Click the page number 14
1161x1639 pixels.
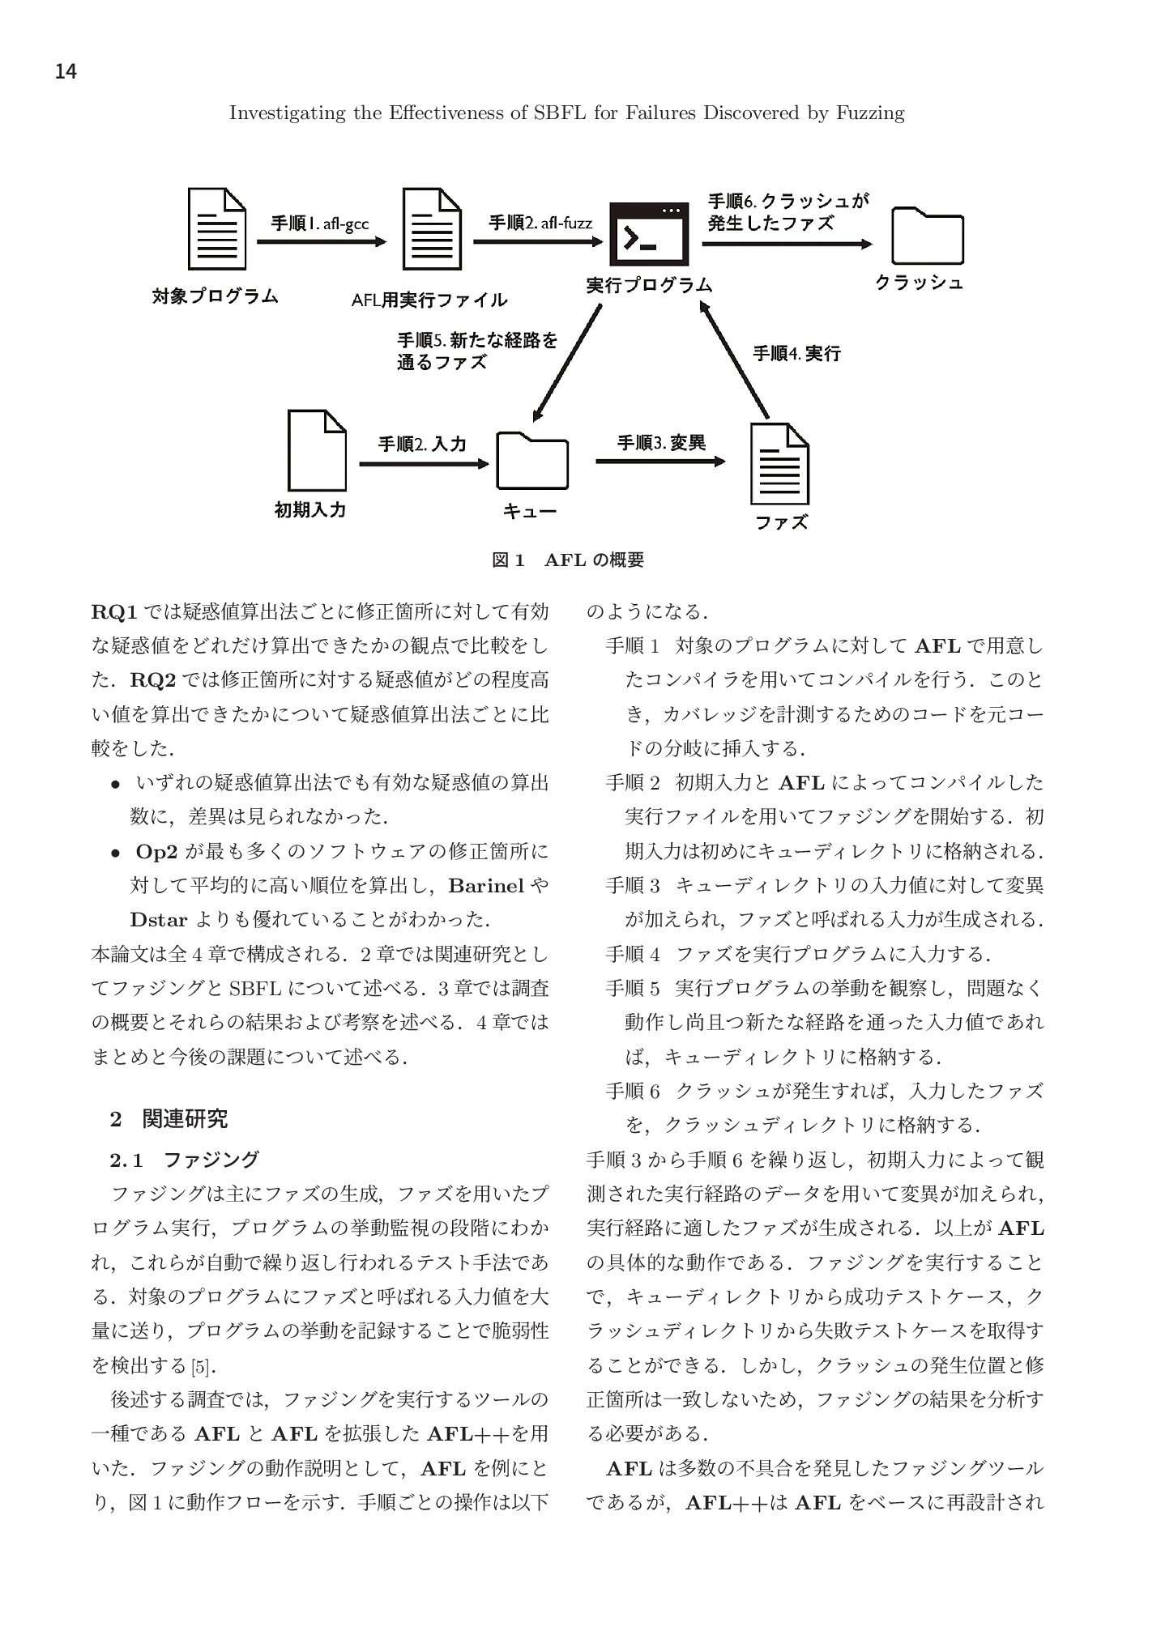(x=66, y=72)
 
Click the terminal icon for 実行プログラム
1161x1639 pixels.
(x=649, y=234)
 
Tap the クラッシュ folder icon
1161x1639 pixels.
(x=927, y=236)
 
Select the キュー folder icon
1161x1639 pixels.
(x=531, y=461)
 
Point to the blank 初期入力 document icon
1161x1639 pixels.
(x=317, y=450)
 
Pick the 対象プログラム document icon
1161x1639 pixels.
(x=216, y=229)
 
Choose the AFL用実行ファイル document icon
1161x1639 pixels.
(x=432, y=229)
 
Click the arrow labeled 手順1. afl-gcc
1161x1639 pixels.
(x=322, y=241)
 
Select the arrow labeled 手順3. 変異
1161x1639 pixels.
(x=660, y=462)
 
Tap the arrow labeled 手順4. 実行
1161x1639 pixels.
(x=734, y=360)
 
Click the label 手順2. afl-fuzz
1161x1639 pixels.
(x=540, y=223)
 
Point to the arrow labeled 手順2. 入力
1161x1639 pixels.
(x=424, y=464)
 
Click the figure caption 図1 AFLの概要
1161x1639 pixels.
(x=568, y=560)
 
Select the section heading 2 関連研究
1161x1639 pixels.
(x=169, y=1119)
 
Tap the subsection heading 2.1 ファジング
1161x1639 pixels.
(x=185, y=1160)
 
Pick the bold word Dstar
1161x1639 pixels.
(x=159, y=920)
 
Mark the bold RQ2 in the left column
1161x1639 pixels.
(x=152, y=679)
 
